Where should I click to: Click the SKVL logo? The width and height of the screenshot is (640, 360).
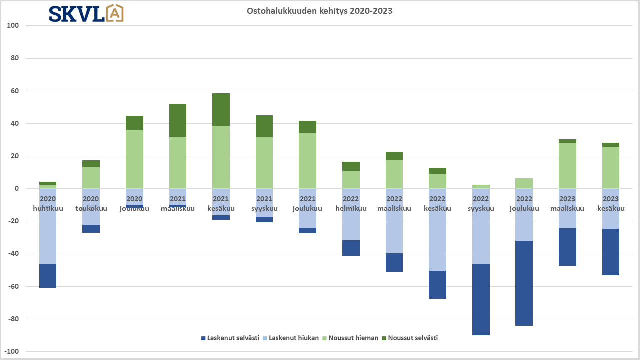point(86,13)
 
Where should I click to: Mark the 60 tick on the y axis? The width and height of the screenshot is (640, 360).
point(14,91)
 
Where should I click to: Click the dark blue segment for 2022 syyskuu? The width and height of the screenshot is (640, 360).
point(481,299)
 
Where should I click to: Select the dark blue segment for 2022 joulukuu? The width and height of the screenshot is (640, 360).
point(524,283)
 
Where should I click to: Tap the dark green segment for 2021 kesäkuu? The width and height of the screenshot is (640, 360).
point(221,109)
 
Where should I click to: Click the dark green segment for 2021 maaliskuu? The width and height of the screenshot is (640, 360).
point(177,120)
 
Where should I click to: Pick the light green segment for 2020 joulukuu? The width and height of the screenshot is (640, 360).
point(134,159)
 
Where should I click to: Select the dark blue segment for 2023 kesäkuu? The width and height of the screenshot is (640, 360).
point(611,252)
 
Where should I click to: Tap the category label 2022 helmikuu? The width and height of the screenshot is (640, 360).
point(351,204)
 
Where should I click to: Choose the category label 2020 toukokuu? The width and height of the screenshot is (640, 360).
point(91,204)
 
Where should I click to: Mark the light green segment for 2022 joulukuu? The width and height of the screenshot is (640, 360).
point(524,183)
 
